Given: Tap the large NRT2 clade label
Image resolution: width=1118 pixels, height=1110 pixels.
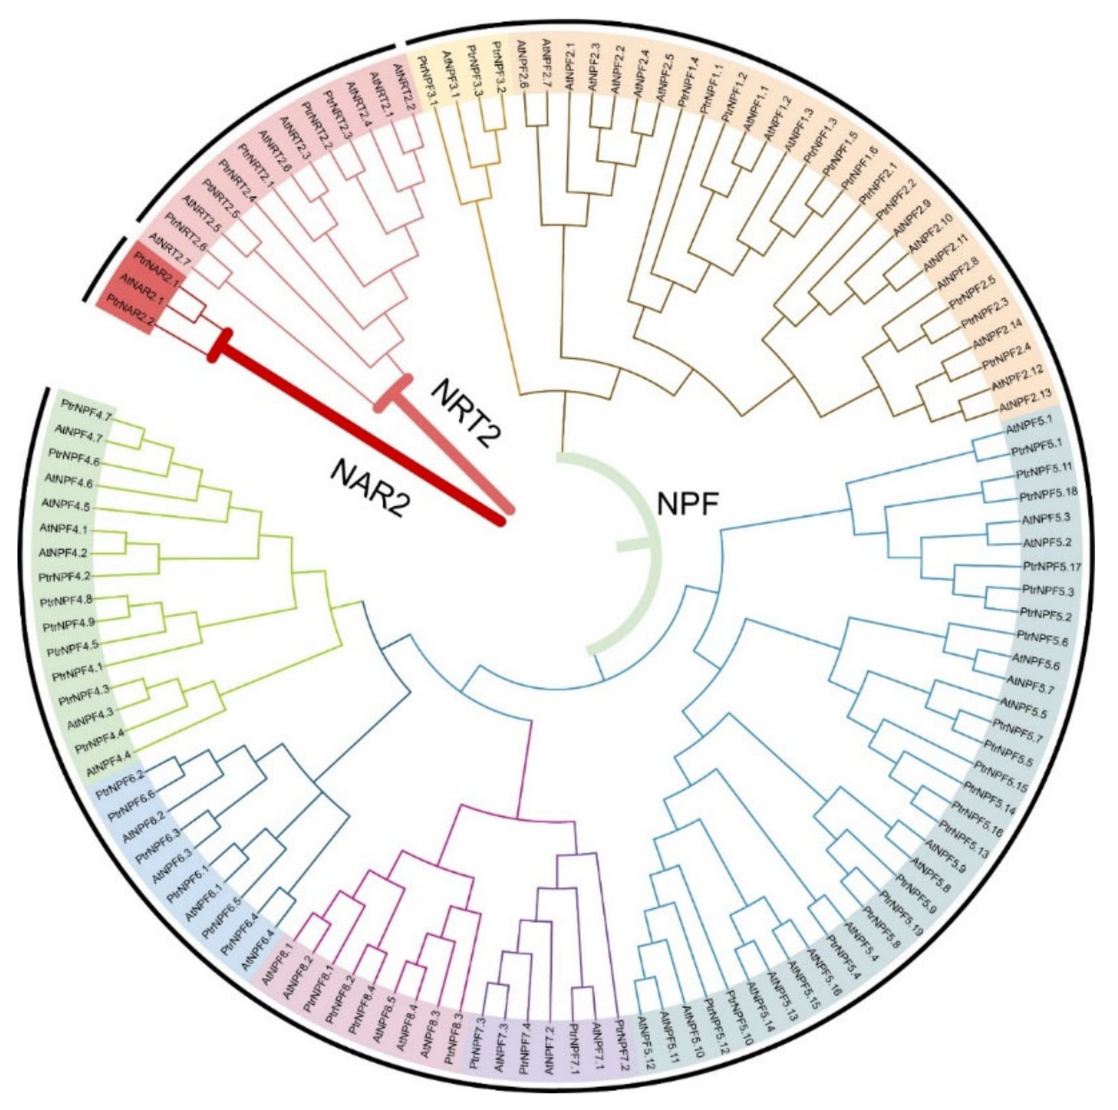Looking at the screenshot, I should [467, 412].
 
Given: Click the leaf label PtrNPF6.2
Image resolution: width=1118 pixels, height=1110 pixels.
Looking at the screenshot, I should [120, 783].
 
